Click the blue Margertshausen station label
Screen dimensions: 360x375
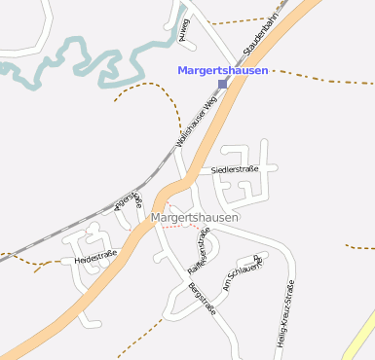click(x=222, y=70)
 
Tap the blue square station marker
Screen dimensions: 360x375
click(x=222, y=84)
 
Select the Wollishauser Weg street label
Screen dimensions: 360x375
click(x=196, y=121)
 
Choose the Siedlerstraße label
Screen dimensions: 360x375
click(x=235, y=170)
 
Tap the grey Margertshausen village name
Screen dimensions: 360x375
click(x=195, y=218)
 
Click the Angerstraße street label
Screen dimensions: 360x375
click(x=130, y=200)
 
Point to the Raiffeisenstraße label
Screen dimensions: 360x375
click(x=199, y=250)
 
